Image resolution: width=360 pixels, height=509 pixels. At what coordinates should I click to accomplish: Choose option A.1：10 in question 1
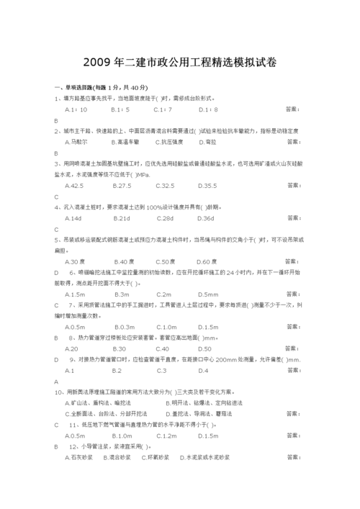[76, 109]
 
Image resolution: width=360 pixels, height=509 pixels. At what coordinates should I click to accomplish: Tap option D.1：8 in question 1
[207, 109]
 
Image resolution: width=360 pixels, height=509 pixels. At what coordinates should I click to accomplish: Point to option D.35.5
[207, 185]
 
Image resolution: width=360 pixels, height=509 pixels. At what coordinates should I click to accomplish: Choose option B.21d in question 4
[121, 217]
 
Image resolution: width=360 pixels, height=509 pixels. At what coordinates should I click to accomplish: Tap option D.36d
[206, 217]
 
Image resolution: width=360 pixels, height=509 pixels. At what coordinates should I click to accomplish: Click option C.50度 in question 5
[166, 261]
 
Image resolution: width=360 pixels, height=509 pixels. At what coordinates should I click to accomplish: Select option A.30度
[76, 261]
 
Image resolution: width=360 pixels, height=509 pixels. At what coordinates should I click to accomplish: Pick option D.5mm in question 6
[207, 294]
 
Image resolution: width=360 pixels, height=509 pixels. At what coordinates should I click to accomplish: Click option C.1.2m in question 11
[166, 435]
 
